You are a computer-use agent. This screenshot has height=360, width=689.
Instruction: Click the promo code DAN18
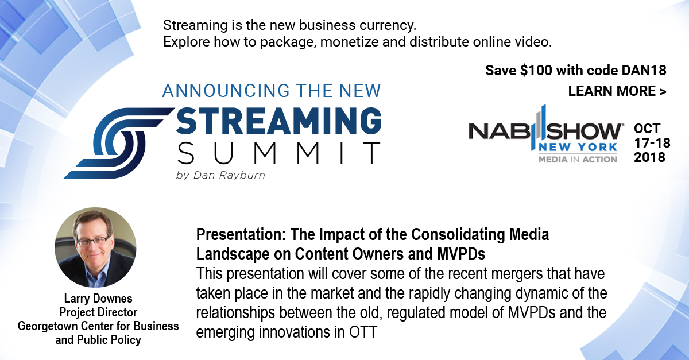tap(644, 71)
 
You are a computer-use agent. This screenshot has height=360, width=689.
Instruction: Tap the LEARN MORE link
tap(617, 91)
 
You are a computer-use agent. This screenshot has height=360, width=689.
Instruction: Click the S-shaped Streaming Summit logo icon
tap(119, 143)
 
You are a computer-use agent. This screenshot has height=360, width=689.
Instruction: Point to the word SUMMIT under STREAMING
tap(278, 153)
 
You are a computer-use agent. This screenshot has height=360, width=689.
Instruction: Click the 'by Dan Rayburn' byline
tap(220, 175)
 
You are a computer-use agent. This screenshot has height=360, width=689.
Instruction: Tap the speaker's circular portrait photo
tap(95, 247)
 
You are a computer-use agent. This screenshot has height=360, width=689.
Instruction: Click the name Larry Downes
tap(98, 299)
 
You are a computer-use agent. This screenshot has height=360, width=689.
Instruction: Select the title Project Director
tap(98, 312)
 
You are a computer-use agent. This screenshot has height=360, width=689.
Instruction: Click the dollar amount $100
tap(536, 71)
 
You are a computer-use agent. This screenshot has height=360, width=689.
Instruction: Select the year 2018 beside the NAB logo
tap(649, 157)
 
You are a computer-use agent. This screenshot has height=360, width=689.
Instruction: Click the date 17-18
tap(652, 143)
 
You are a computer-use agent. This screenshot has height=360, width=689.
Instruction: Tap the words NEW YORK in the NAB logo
tap(578, 148)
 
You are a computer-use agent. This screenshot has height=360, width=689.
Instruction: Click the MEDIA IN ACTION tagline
tap(578, 160)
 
